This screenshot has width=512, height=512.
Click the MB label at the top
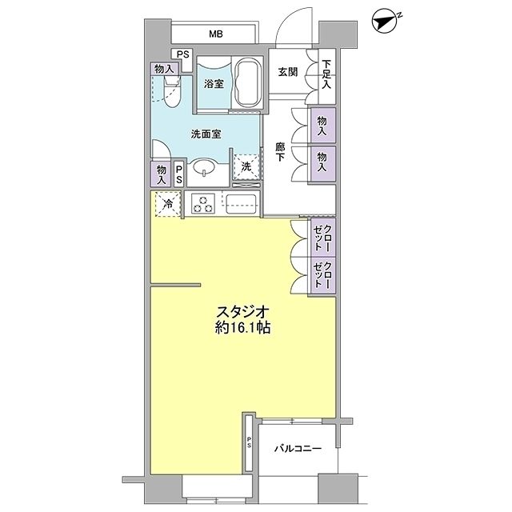[x=216, y=34]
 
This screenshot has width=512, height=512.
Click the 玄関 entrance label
[x=288, y=72]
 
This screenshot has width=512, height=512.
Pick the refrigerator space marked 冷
[x=168, y=203]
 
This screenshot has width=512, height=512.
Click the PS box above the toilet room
[x=184, y=54]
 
